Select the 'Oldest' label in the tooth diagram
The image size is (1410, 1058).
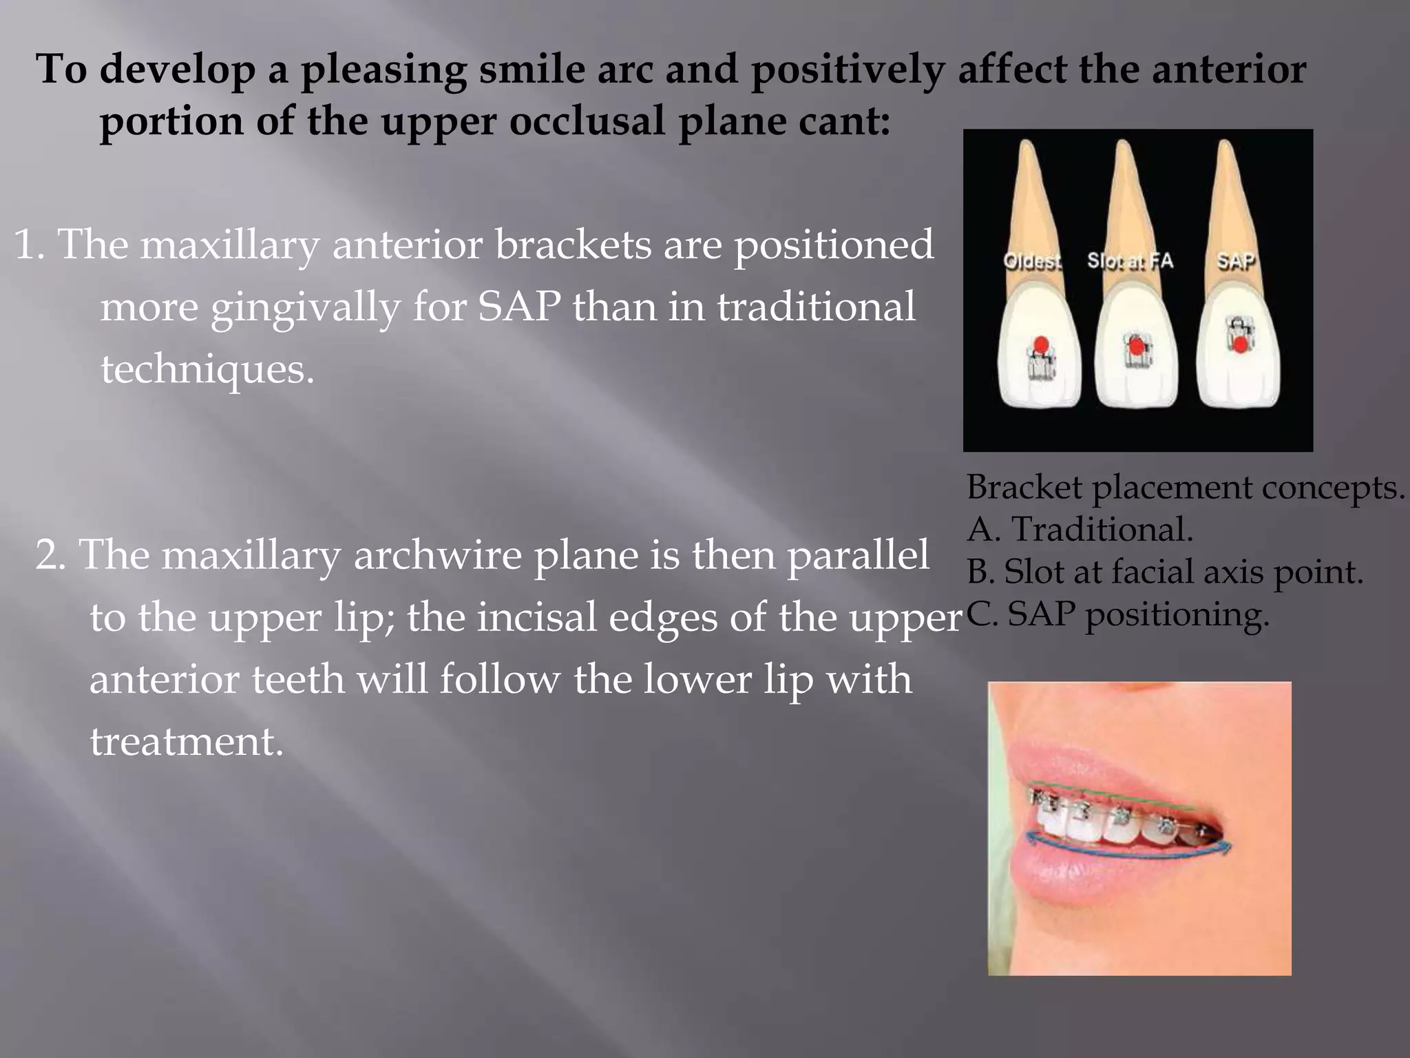(1032, 262)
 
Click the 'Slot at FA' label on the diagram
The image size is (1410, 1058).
(1130, 261)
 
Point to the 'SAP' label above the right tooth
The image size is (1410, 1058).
(1236, 261)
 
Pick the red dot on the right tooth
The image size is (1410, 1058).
(1239, 345)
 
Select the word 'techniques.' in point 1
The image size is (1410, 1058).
(207, 369)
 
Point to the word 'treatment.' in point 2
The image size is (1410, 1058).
(187, 742)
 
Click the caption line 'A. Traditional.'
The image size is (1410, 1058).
(1080, 530)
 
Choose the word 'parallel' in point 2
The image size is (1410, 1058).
(858, 555)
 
